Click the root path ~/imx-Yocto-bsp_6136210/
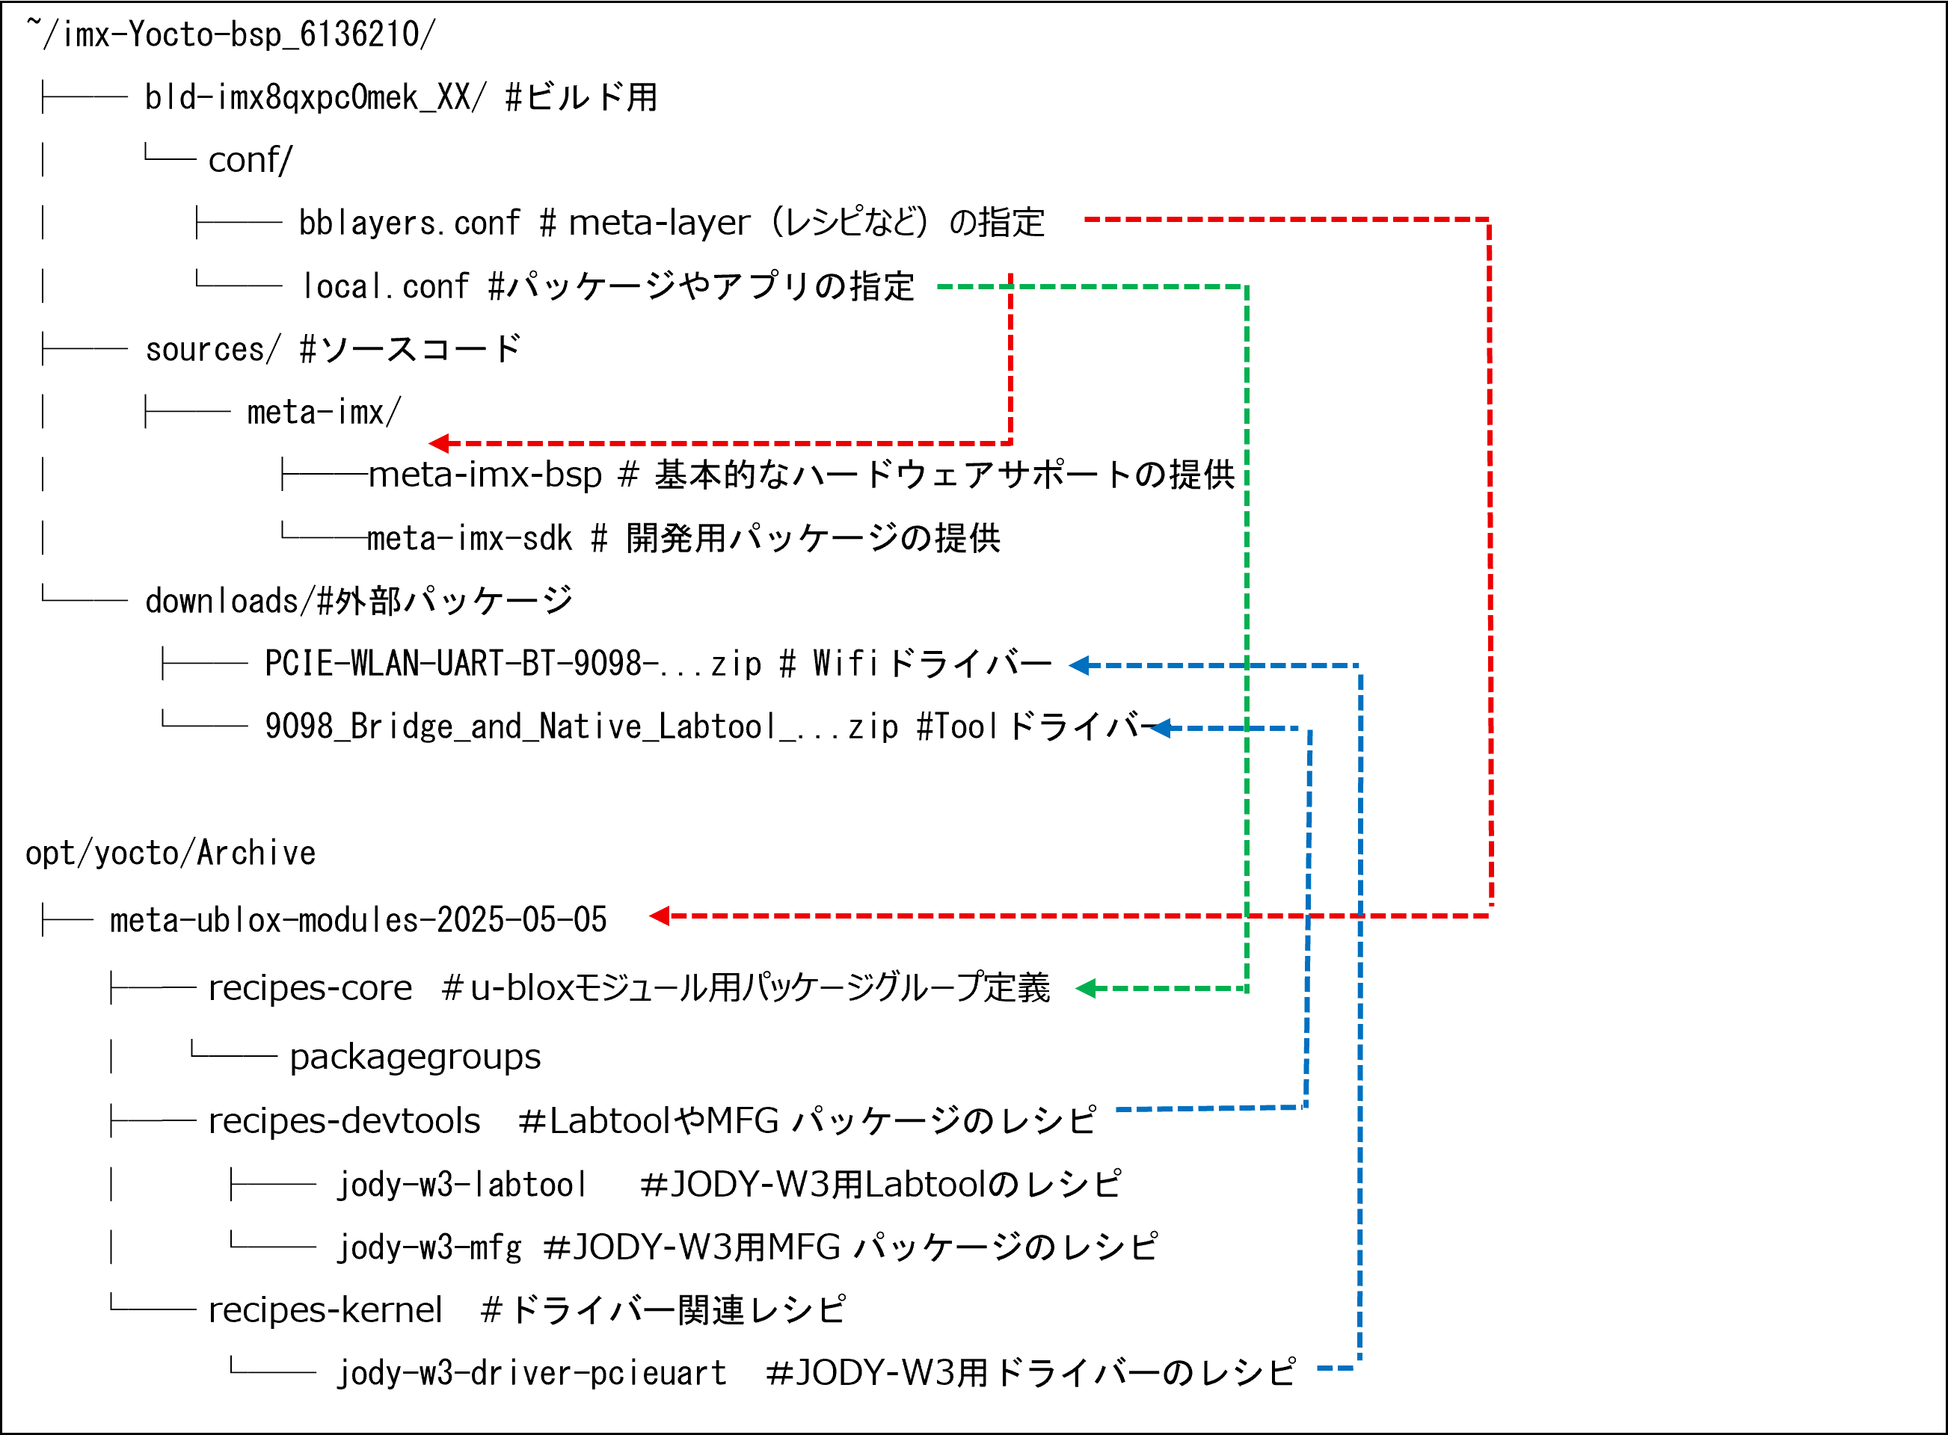[231, 34]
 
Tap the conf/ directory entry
[251, 161]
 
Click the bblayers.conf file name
[408, 223]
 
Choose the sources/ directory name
[213, 349]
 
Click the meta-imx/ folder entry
[323, 412]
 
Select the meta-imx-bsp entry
[485, 475]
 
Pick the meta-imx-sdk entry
[469, 539]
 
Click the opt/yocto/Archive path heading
[170, 853]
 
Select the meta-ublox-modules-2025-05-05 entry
[358, 920]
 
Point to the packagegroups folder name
[414, 1057]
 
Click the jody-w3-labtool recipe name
[461, 1184]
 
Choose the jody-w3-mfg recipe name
[429, 1247]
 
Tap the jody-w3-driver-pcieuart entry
[532, 1372]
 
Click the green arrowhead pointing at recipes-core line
[1085, 989]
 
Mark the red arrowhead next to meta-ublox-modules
[660, 916]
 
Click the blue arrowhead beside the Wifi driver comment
[1078, 665]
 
